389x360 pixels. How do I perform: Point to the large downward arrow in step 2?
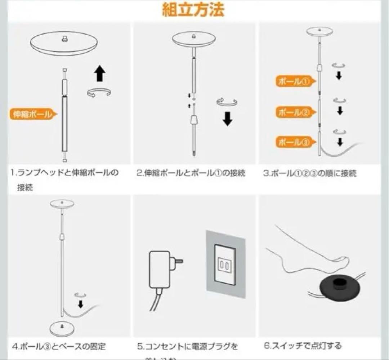pyautogui.click(x=227, y=119)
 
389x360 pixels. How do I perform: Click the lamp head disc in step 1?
pyautogui.click(x=64, y=43)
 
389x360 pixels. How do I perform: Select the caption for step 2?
pyautogui.click(x=191, y=173)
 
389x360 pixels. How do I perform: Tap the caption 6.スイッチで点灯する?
pyautogui.click(x=303, y=346)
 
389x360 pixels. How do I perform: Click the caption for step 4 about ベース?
pyautogui.click(x=59, y=347)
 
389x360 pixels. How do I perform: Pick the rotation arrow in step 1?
pyautogui.click(x=99, y=92)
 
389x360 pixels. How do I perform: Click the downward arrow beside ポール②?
pyautogui.click(x=339, y=111)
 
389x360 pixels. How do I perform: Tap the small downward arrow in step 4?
pyautogui.click(x=81, y=304)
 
